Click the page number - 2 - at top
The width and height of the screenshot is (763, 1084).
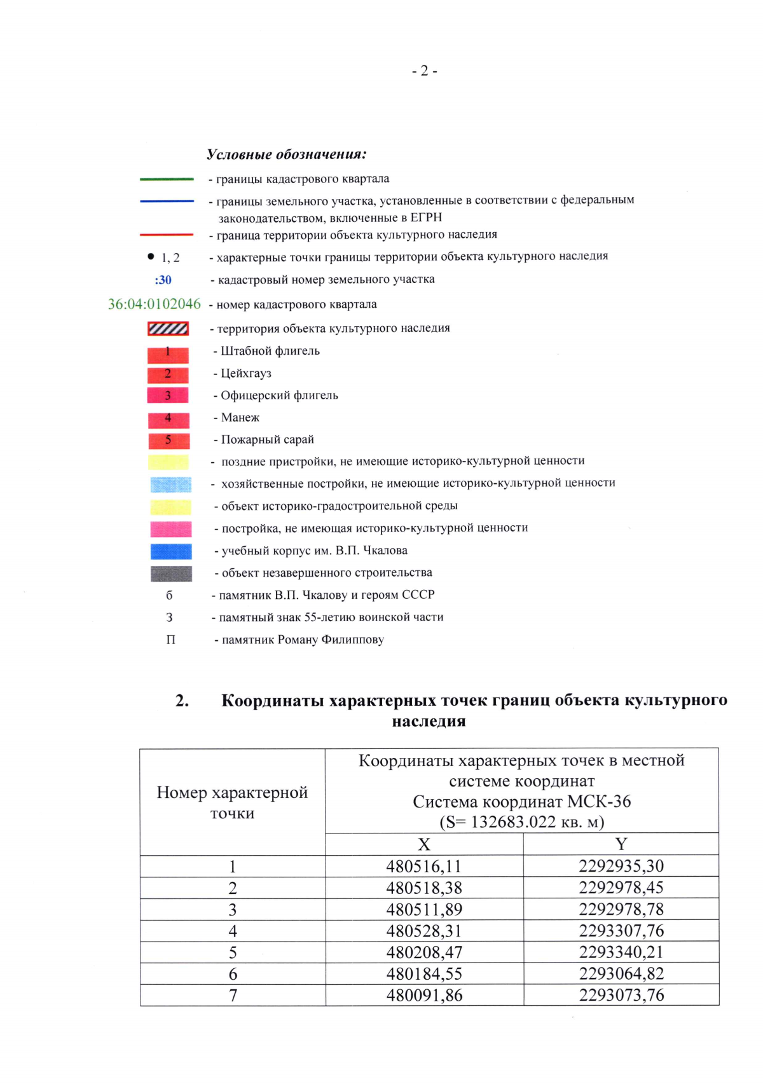(424, 71)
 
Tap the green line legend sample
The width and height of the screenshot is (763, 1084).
(167, 179)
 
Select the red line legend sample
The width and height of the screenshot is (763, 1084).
(167, 235)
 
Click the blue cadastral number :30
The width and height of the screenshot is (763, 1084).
(163, 280)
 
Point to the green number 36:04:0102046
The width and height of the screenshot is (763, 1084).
(154, 305)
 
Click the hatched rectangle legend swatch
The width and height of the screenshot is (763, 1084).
(168, 329)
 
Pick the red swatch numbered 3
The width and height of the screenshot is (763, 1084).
(168, 395)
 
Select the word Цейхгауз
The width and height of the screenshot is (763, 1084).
(245, 373)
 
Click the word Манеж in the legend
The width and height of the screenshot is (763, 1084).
(240, 418)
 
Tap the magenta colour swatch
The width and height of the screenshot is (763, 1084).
(170, 529)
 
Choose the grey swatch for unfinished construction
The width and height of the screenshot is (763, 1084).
(170, 573)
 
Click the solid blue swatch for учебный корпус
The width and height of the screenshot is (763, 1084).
(170, 551)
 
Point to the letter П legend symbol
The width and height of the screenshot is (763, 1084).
(170, 640)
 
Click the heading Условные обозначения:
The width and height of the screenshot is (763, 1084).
(286, 154)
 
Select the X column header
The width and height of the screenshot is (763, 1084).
(424, 844)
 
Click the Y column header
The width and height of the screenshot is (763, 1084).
(621, 844)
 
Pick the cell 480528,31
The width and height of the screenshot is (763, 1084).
(424, 931)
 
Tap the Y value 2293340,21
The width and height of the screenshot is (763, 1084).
(621, 952)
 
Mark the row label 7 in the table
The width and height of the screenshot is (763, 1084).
(233, 996)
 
